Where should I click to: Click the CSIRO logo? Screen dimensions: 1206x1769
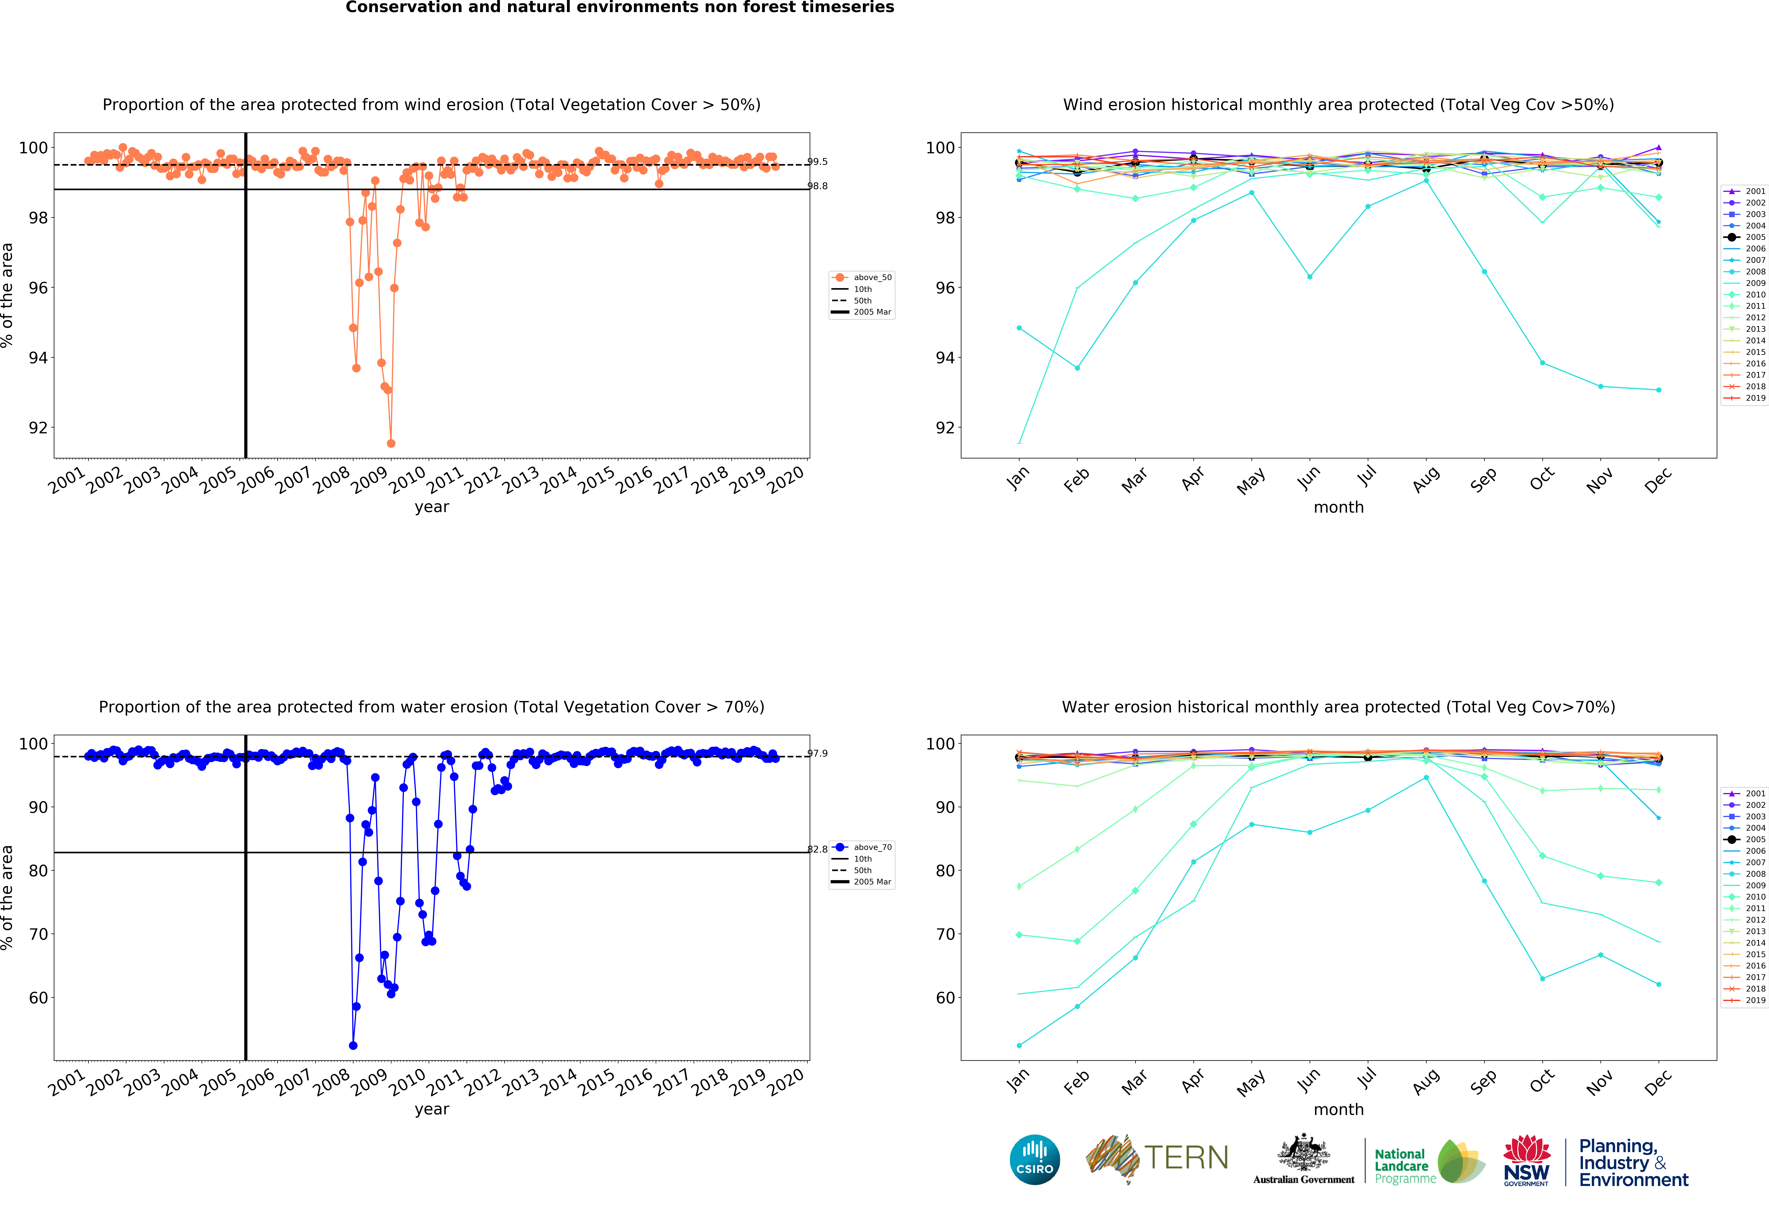[1034, 1160]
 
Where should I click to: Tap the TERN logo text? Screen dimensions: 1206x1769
[1186, 1158]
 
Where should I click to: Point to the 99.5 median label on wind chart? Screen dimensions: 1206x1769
[818, 161]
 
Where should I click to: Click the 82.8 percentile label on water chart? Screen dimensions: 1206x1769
[818, 849]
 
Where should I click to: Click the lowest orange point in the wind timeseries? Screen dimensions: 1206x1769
[390, 443]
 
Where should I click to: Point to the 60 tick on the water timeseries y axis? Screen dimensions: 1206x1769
[38, 997]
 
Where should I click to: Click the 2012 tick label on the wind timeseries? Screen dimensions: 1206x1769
[483, 480]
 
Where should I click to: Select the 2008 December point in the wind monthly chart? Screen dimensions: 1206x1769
[1659, 390]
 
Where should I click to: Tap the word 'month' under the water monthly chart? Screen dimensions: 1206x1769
[1338, 1109]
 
